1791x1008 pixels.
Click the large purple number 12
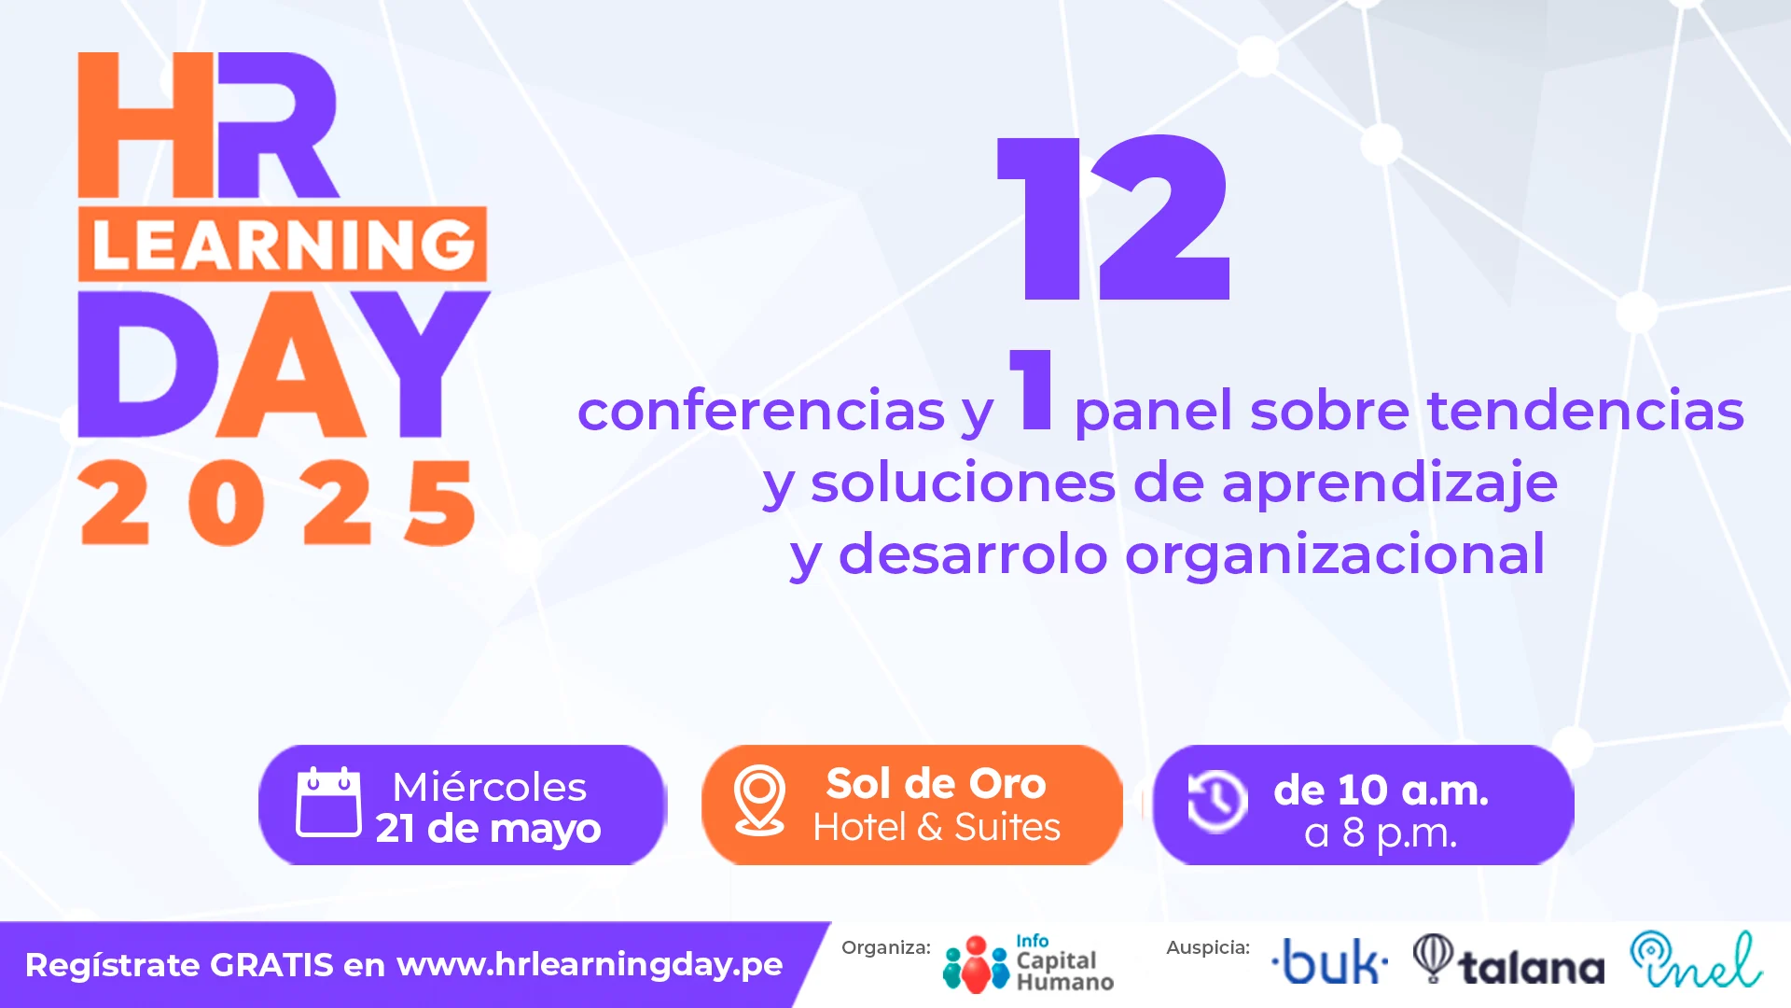1114,217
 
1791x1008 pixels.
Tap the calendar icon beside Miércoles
328,802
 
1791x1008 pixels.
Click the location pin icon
759,800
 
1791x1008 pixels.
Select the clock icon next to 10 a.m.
1217,801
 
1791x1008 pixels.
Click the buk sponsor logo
1330,961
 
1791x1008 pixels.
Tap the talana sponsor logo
1508,960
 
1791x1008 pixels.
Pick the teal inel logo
1696,959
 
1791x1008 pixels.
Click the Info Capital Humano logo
1028,964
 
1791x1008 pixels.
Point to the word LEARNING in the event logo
284,245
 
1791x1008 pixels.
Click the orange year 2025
278,502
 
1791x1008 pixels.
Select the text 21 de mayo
488,828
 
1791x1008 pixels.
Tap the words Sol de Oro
936,783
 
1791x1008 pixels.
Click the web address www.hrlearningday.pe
590,964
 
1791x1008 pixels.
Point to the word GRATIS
271,965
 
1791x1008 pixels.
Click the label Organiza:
886,947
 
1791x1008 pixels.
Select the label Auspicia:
1208,947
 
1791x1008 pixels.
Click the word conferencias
761,411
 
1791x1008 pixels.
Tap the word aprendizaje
1389,483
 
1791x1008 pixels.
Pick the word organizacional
1335,554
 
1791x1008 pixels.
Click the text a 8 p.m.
1381,833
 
